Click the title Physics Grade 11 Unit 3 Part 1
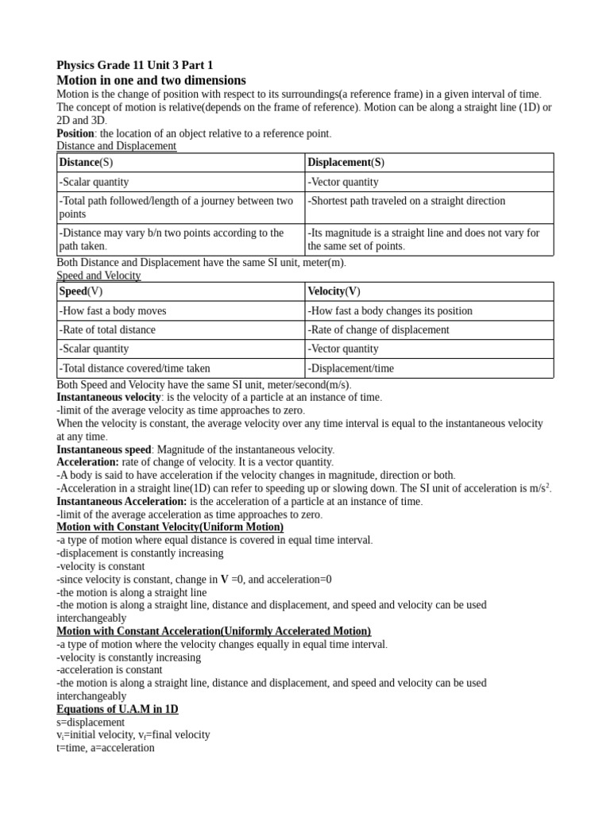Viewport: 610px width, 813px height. (x=134, y=65)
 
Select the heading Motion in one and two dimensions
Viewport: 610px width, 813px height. (x=151, y=80)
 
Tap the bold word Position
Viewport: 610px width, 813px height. (x=75, y=133)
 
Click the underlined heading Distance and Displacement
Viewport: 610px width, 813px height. (x=117, y=146)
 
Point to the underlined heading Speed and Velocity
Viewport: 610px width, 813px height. (x=98, y=275)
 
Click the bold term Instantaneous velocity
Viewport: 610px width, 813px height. (x=109, y=397)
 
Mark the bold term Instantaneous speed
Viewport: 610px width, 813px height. (x=102, y=449)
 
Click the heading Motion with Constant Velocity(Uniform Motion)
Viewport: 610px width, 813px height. (x=170, y=527)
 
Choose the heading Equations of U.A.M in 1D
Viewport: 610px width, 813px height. (x=118, y=709)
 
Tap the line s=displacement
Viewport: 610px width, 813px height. (x=91, y=722)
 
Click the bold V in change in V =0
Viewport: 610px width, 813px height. (x=225, y=580)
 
